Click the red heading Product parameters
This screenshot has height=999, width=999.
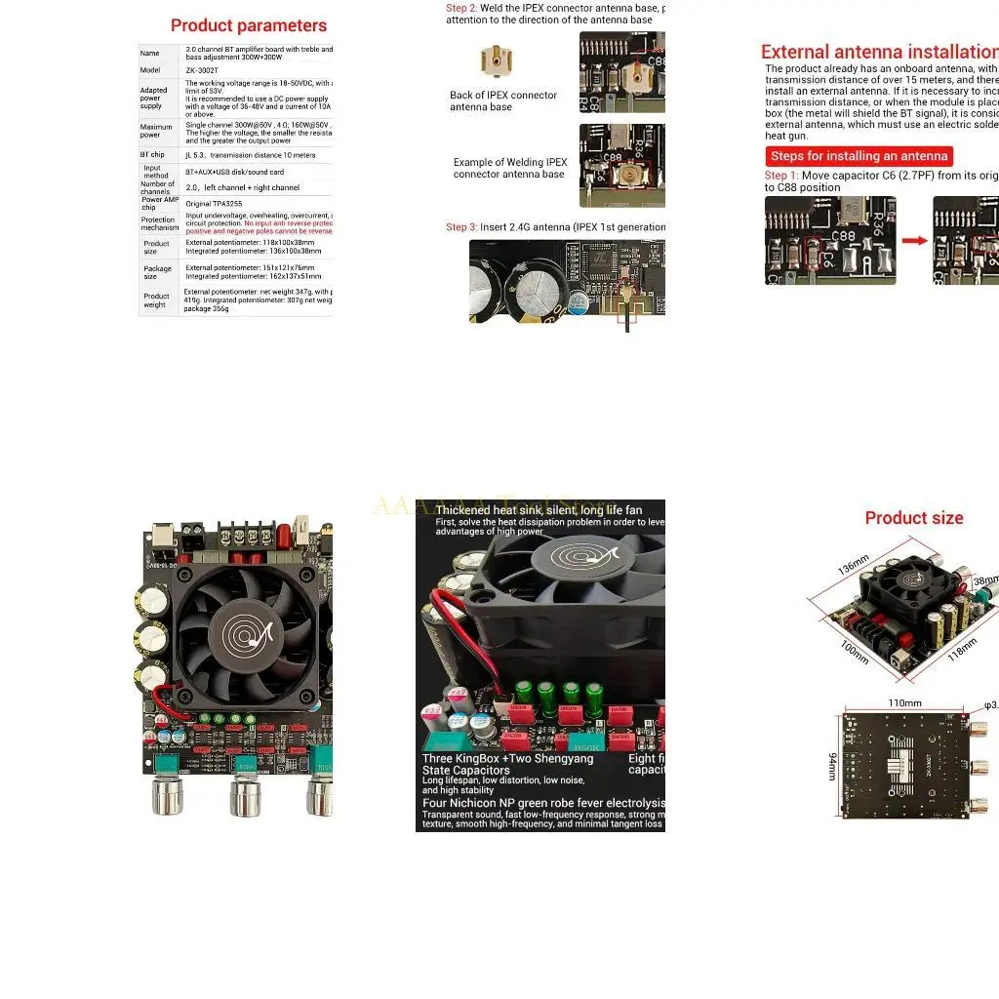(249, 25)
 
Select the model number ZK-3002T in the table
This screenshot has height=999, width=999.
(200, 70)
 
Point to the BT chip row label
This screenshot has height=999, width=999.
(152, 155)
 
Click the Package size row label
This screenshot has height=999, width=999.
(157, 272)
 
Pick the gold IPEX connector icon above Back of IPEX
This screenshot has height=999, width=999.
(496, 61)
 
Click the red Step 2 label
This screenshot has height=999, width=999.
(461, 8)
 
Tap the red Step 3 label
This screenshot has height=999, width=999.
(461, 227)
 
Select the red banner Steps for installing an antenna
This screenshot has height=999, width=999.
(859, 156)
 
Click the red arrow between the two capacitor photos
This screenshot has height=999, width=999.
(914, 240)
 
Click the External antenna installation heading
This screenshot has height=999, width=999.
(879, 52)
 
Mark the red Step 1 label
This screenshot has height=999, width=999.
(781, 176)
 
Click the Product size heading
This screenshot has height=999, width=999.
(914, 518)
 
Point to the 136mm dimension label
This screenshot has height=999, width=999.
(853, 565)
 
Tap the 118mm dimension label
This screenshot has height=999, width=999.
(962, 645)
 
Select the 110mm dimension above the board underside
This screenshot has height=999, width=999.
(904, 702)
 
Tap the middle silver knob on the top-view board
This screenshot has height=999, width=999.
(244, 796)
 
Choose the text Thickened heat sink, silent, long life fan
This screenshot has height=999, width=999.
(539, 510)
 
